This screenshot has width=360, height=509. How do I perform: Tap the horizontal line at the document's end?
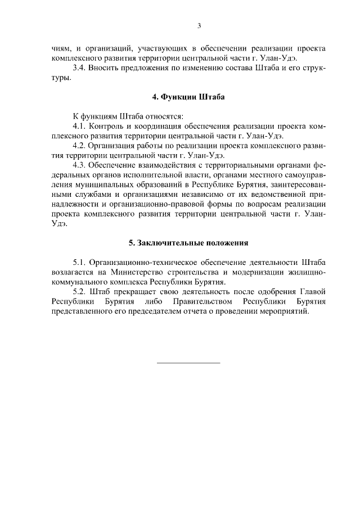pos(188,362)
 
